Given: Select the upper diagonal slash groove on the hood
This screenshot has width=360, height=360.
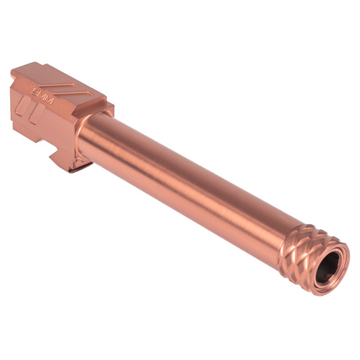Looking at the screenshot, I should tap(59, 87).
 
